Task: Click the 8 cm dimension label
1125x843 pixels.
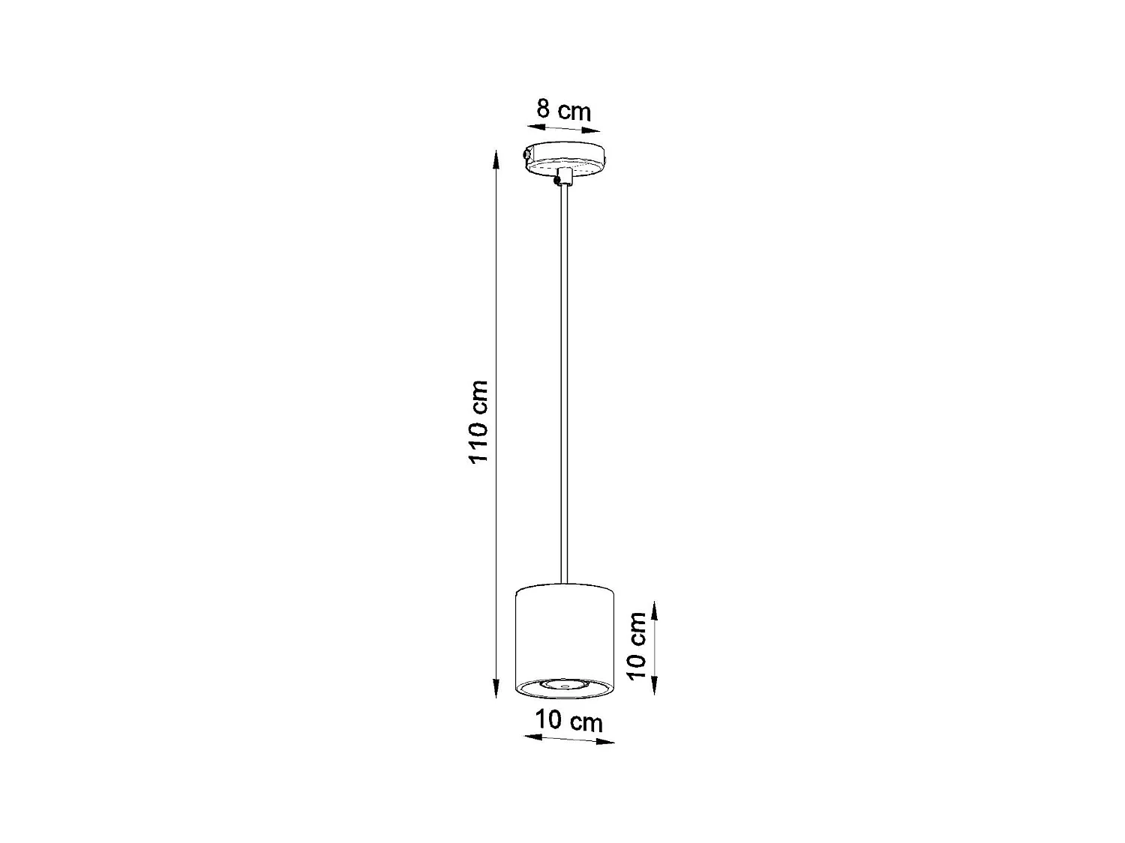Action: click(x=564, y=110)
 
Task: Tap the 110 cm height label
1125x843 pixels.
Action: click(x=479, y=422)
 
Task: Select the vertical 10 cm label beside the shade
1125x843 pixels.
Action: click(x=637, y=645)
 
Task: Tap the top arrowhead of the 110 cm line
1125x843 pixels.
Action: click(x=495, y=156)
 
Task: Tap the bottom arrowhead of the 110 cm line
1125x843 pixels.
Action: click(x=496, y=692)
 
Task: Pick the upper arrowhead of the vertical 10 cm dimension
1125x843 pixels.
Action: click(x=655, y=606)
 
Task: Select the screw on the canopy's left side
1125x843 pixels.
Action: click(x=526, y=154)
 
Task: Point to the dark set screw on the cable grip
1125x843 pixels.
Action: click(x=556, y=180)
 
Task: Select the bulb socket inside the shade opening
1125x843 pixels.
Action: click(x=565, y=685)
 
